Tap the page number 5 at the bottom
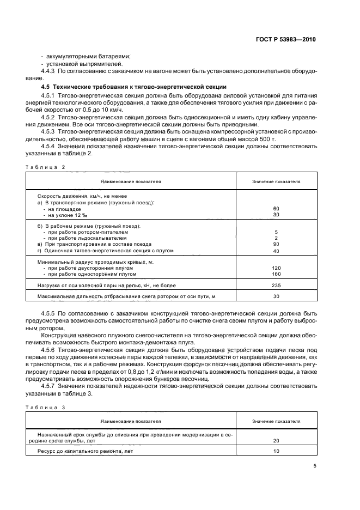click(x=315, y=465)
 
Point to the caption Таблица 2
click(x=45, y=167)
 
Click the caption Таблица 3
click(x=45, y=408)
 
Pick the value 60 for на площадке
click(x=276, y=209)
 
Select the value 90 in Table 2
click(x=276, y=244)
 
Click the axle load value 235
click(x=276, y=285)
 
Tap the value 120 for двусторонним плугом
click(x=276, y=268)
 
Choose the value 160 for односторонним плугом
click(x=276, y=274)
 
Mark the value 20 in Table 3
click(x=276, y=441)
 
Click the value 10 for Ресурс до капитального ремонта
click(x=276, y=452)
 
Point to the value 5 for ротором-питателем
click(x=276, y=232)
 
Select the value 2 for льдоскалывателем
click(x=276, y=238)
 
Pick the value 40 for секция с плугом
click(x=276, y=251)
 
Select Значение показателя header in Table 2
click(x=276, y=181)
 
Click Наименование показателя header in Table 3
click(x=130, y=421)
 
